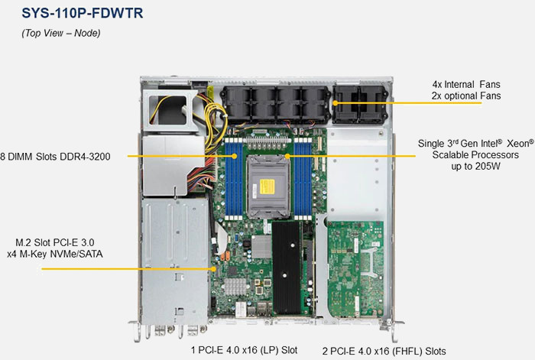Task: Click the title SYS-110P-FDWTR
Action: (x=83, y=13)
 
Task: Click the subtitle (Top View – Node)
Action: (x=61, y=33)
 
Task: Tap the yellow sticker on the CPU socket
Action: (x=267, y=186)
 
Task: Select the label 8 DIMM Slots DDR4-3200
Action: (x=55, y=157)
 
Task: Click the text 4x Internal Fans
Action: (x=466, y=84)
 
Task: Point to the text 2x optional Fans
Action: (x=466, y=96)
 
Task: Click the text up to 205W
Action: (x=475, y=167)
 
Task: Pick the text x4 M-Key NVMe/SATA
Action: (x=55, y=255)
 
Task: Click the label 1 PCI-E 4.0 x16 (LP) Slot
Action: (x=244, y=350)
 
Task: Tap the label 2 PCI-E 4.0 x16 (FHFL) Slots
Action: (x=384, y=351)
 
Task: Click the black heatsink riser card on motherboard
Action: (x=287, y=268)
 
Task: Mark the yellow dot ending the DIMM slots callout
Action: (x=235, y=156)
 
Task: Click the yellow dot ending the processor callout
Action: (x=287, y=156)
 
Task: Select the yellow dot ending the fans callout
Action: (x=336, y=103)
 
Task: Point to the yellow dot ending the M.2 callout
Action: (x=214, y=269)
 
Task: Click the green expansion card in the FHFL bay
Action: (x=355, y=269)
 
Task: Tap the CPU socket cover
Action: (x=268, y=186)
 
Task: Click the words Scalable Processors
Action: (x=475, y=155)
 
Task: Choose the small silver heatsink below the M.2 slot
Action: (x=235, y=287)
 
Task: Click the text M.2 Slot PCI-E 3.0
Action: (x=55, y=242)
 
